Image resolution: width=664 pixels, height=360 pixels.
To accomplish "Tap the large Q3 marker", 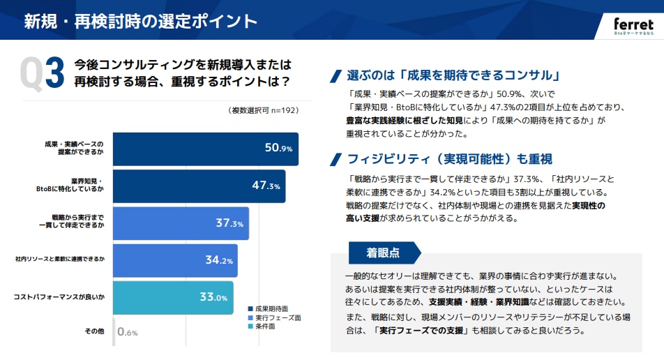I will click(43, 74).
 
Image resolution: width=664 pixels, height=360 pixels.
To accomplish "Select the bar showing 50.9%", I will click(205, 149).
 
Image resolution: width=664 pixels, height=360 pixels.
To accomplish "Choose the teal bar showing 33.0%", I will click(172, 297).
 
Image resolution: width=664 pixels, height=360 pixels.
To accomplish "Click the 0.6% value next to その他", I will click(128, 333).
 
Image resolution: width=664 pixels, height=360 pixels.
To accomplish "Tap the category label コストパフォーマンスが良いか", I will click(59, 297).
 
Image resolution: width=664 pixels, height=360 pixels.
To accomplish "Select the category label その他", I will click(94, 330).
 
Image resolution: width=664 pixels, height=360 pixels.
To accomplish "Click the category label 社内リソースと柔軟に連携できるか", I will click(60, 259).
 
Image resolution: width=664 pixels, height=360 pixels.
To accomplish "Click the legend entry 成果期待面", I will click(272, 307).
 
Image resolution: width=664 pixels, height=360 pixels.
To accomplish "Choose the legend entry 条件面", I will click(266, 327).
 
